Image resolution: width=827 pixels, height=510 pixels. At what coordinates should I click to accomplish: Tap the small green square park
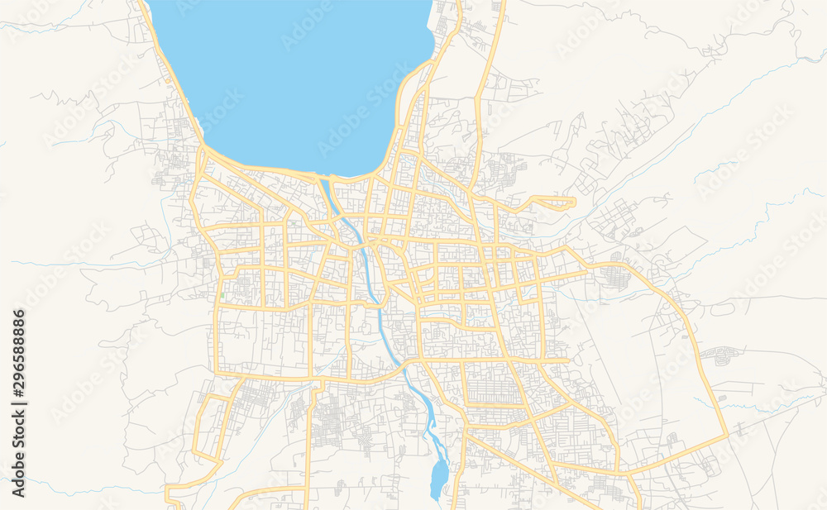222,295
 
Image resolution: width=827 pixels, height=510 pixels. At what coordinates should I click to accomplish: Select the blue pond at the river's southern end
438,478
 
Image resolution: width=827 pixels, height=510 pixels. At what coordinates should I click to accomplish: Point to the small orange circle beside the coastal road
168,80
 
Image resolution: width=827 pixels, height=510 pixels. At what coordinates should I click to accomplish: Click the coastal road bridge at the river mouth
323,177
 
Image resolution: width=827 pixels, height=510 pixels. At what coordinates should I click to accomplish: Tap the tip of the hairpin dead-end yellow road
574,202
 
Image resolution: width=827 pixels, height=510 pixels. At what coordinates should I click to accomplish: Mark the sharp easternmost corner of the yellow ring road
727,433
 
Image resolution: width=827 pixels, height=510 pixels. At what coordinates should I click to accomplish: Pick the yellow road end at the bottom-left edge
169,499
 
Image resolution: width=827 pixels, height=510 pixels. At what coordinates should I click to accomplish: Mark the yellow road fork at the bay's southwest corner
203,153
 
